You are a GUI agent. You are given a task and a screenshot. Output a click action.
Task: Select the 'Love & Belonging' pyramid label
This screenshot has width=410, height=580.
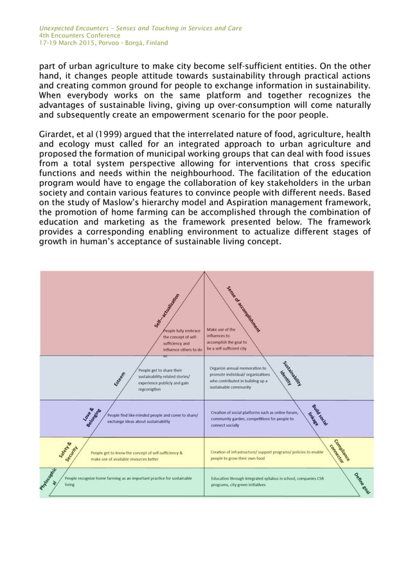[93, 416]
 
